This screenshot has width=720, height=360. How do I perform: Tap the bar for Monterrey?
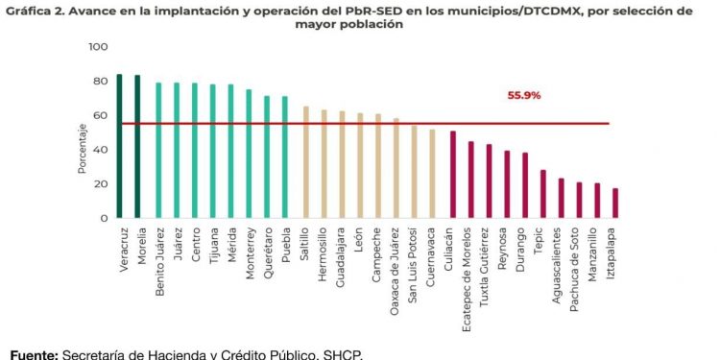point(249,154)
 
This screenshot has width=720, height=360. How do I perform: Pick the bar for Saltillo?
point(306,162)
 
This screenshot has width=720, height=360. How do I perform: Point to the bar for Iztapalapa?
point(615,204)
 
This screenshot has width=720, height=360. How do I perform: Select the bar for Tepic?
point(542,194)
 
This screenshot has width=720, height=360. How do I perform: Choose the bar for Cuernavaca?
point(432,174)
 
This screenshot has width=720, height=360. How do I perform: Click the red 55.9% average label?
point(524,96)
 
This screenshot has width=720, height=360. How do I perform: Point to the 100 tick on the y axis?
point(98,47)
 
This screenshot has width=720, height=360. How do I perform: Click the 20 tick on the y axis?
point(101,184)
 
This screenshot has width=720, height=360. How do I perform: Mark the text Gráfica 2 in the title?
point(34,11)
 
